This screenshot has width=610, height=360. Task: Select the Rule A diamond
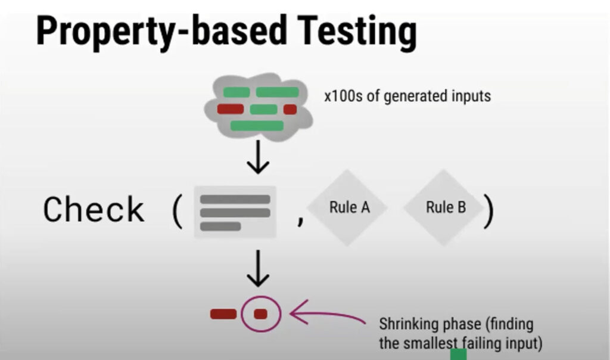tap(349, 207)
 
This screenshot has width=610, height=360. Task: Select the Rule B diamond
tap(446, 207)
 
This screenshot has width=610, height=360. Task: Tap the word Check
tap(94, 209)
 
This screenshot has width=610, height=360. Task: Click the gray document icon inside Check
tap(235, 212)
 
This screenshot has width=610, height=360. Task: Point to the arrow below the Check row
tap(258, 269)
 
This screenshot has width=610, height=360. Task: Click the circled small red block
tap(260, 314)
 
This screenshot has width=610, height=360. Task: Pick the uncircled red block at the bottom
tap(223, 314)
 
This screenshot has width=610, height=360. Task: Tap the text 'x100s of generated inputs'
tap(407, 96)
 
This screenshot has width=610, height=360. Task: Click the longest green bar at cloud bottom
tap(257, 125)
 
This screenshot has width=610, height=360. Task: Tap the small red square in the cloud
tap(290, 109)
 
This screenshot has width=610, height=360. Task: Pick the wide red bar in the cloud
tap(231, 109)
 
